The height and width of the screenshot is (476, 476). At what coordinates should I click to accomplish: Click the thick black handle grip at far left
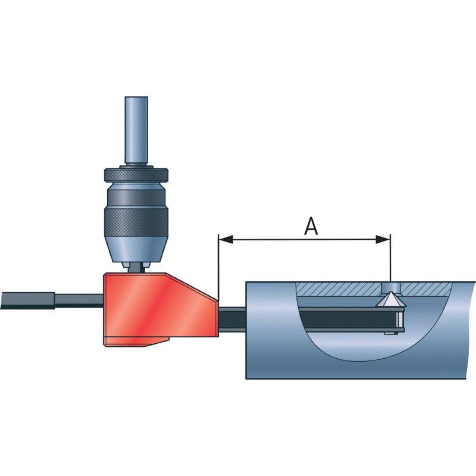click(27, 299)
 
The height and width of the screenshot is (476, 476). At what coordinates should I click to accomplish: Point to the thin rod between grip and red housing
click(80, 299)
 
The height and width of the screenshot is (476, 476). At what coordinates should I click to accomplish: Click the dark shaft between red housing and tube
click(232, 318)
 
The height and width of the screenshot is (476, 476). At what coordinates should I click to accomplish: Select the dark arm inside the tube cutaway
click(345, 320)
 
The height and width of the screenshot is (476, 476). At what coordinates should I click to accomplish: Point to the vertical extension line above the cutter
click(390, 262)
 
